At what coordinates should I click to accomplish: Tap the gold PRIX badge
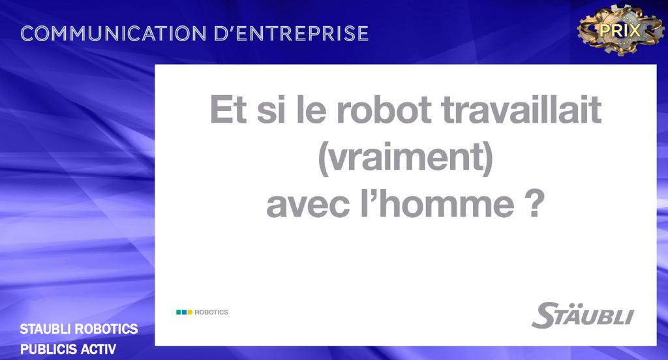620,29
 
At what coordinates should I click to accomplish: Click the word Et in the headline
228,112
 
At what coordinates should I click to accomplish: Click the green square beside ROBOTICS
179,312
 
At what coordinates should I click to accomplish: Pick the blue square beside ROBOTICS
184,312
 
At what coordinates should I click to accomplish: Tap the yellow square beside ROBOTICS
190,312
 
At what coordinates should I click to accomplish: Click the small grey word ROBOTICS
212,312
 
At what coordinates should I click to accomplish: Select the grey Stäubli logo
583,316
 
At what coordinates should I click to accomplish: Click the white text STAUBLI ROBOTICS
79,329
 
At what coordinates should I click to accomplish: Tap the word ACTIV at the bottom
99,349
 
